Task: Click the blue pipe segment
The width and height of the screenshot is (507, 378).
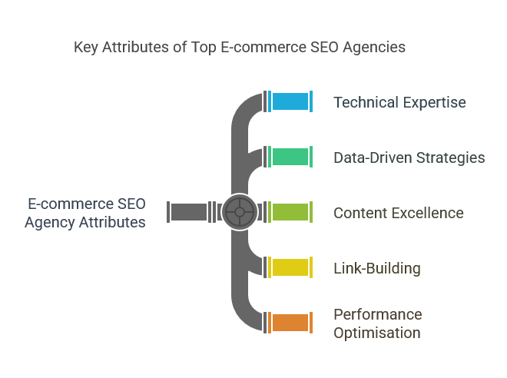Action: pos(290,101)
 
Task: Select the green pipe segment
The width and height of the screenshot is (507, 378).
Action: pos(290,157)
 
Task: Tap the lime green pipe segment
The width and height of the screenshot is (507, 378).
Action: pos(290,212)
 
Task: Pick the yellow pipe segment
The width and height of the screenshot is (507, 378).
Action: pos(290,267)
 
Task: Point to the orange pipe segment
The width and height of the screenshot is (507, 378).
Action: pos(290,323)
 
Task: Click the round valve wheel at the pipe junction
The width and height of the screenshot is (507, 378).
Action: pos(240,212)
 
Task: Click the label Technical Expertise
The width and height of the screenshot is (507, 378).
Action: pos(399,102)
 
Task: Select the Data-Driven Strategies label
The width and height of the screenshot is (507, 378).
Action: pos(409,157)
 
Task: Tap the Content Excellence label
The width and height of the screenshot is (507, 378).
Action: pos(399,213)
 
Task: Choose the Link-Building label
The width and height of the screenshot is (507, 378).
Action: pos(377,268)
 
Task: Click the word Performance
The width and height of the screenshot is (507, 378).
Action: pos(378,314)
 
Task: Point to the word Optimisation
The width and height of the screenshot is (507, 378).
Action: pos(377,333)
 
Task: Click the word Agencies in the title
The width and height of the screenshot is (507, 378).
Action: pos(374,48)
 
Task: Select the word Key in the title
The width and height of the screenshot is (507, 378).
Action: pos(86,48)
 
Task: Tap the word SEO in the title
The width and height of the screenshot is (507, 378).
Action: pos(324,47)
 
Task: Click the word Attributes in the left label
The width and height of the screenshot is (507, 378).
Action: pos(112,223)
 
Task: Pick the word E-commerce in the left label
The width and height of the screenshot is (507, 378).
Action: pos(71,204)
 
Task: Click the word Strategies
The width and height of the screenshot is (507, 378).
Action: pos(450,158)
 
